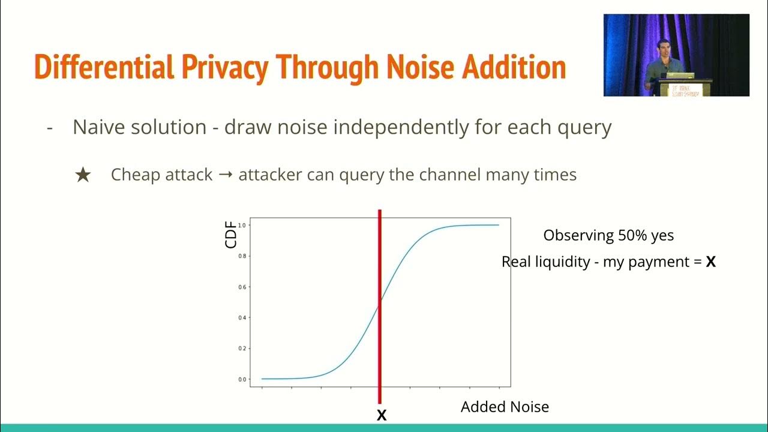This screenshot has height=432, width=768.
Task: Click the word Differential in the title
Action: coord(103,68)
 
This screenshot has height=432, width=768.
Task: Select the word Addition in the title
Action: coord(514,68)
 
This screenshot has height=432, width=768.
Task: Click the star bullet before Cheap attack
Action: coord(83,175)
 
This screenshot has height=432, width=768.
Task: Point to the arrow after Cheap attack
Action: coord(226,175)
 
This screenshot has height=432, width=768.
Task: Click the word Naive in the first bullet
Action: coord(95,127)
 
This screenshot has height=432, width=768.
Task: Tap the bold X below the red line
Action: coord(381,415)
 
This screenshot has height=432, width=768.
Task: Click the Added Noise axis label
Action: coord(505,407)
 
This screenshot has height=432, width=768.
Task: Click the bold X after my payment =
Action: coord(711,262)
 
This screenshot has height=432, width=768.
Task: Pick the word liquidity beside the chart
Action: coord(562,262)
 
